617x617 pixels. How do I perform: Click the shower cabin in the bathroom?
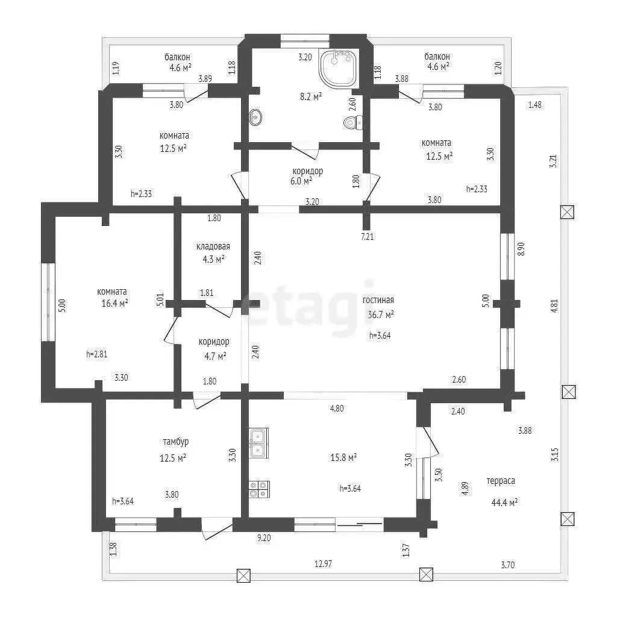(339, 69)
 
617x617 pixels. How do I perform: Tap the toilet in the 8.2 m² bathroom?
(353, 122)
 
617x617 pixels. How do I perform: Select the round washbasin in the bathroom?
(255, 117)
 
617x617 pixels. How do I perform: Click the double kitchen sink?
(258, 443)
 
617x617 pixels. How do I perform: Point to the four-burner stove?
(259, 489)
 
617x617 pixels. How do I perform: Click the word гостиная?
(378, 300)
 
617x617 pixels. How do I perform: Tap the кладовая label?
(213, 246)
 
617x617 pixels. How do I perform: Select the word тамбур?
(176, 442)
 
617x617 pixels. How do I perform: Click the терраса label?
(501, 481)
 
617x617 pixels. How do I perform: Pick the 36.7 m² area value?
(381, 315)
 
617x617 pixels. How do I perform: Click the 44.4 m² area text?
(504, 503)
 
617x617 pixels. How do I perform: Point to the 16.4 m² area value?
(114, 303)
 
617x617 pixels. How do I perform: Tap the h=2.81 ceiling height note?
(97, 354)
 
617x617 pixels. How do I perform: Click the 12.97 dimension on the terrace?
(323, 564)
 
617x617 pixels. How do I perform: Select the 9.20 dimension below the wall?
(264, 538)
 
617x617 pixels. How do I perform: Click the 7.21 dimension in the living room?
(367, 236)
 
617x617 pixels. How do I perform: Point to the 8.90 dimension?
(521, 249)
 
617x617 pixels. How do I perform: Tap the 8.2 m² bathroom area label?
(311, 96)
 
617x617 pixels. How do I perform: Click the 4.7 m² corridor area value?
(215, 356)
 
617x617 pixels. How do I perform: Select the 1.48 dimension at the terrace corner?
(535, 105)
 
